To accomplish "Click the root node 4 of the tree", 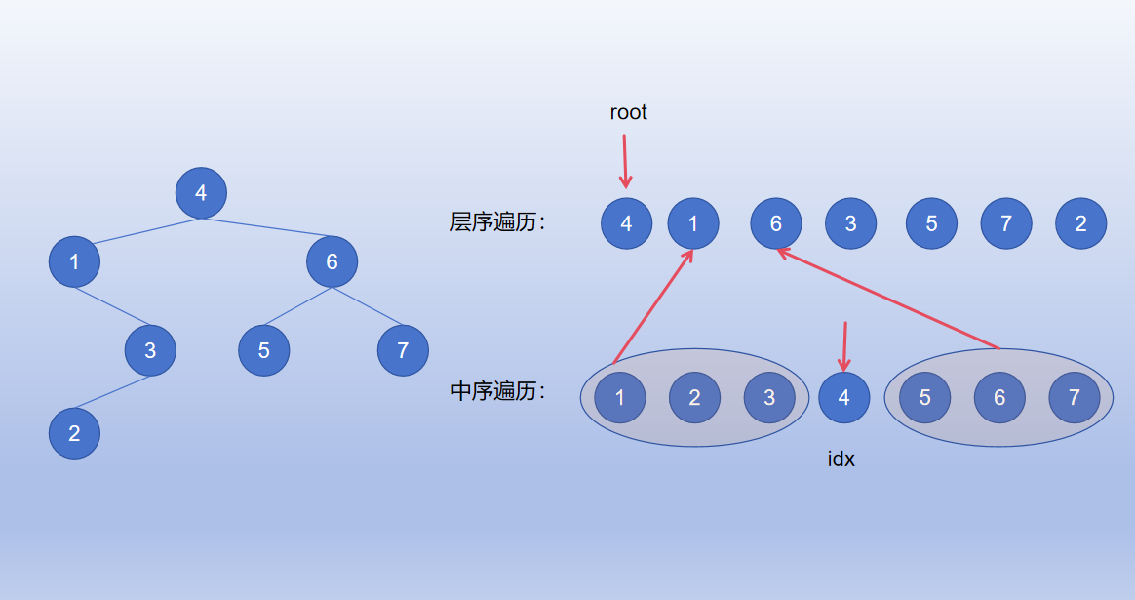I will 201,193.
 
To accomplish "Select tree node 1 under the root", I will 74,261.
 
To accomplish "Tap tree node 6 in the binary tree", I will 332,261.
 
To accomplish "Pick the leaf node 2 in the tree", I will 74,434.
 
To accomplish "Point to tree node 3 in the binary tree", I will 150,350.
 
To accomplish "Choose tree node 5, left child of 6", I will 264,350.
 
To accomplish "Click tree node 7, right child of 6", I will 403,350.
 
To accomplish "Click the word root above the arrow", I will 628,112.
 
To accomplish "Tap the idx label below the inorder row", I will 841,459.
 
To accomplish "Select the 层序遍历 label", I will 496,222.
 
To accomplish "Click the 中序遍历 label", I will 496,392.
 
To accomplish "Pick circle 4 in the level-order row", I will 626,223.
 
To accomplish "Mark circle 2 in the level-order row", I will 1080,223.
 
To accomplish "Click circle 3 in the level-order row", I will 850,223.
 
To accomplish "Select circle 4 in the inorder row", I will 843,397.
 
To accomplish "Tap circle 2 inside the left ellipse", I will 694,397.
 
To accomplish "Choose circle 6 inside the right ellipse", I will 999,397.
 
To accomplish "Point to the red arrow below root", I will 625,161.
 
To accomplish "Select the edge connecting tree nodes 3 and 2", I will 112,392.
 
